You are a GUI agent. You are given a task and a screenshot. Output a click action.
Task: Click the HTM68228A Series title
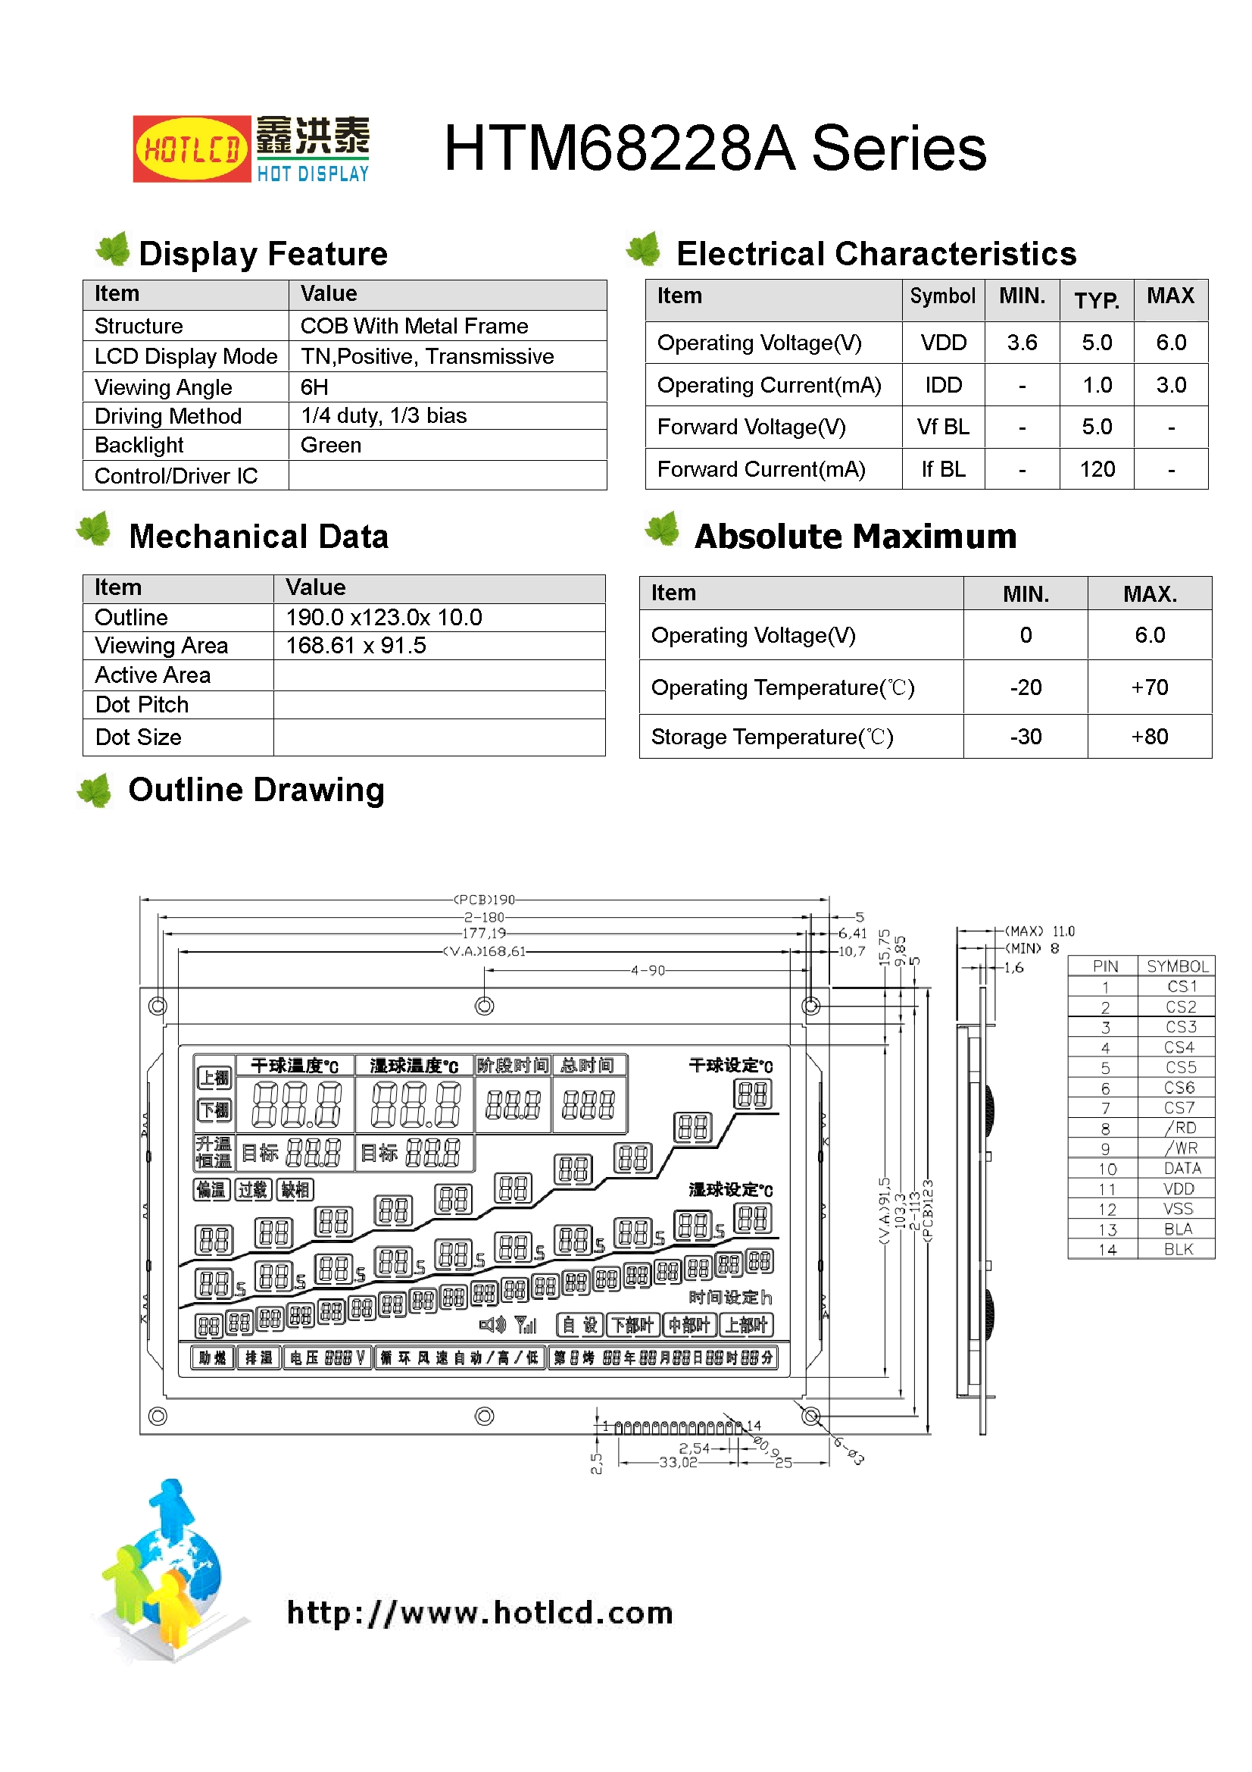point(714,149)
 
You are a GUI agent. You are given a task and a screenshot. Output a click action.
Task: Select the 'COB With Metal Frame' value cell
point(414,326)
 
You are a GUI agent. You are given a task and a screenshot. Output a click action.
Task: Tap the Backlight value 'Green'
point(331,446)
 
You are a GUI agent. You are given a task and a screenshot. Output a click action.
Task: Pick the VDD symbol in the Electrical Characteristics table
point(943,343)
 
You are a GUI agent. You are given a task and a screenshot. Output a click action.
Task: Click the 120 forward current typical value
point(1096,469)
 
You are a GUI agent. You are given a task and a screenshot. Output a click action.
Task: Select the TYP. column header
point(1096,299)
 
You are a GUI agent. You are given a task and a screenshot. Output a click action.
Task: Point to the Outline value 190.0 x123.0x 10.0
point(383,618)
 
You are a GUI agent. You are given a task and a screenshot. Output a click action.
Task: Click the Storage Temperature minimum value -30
point(1026,737)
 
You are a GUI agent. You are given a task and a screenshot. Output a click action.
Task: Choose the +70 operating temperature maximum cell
point(1149,687)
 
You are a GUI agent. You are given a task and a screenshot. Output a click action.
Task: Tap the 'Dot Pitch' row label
point(142,705)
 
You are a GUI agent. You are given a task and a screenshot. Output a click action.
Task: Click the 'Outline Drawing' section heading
point(256,791)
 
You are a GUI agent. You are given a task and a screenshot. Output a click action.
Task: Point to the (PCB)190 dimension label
point(484,899)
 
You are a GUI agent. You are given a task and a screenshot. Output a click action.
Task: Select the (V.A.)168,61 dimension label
point(484,952)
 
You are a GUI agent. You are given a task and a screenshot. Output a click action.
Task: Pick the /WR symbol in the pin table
point(1179,1148)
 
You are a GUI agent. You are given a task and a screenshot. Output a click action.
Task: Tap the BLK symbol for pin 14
point(1178,1249)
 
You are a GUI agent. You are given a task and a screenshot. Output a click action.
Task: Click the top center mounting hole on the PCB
point(485,1006)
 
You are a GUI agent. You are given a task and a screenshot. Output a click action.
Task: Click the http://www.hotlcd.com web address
point(479,1612)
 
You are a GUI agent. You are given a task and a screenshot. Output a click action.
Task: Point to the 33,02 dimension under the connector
point(677,1462)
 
